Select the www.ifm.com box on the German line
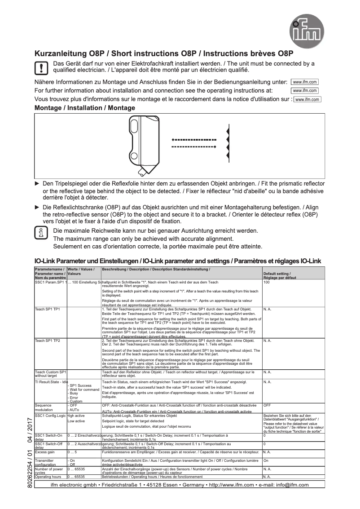coord(305,82)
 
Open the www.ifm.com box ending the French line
coord(307,99)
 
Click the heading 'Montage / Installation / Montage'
coord(85,108)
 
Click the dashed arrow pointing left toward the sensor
coord(194,139)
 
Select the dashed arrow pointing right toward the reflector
coord(194,147)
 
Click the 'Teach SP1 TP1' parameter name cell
coord(48,310)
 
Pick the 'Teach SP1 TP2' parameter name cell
coord(48,341)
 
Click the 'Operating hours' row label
coord(48,476)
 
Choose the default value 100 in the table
coord(267,282)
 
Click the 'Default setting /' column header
coord(277,273)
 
